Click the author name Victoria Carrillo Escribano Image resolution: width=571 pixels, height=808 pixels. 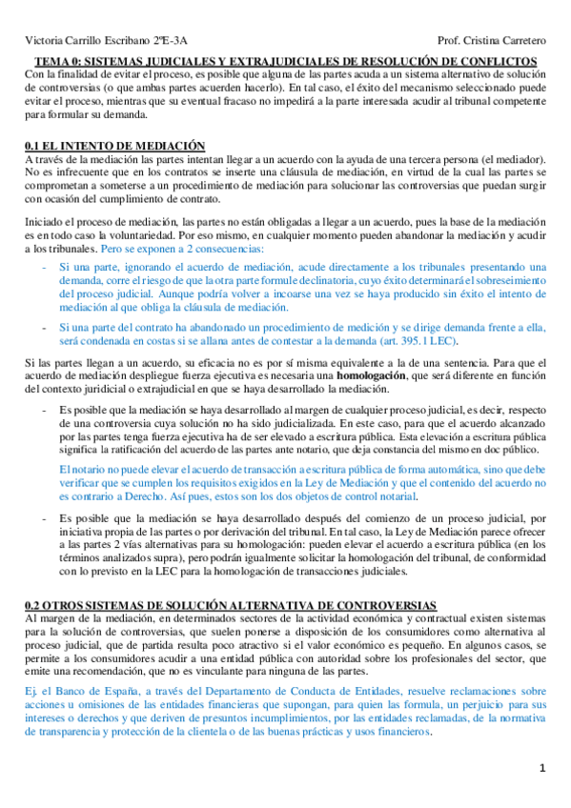[80, 42]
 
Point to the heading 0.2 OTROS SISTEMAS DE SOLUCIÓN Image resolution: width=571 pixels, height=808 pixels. [229, 605]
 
